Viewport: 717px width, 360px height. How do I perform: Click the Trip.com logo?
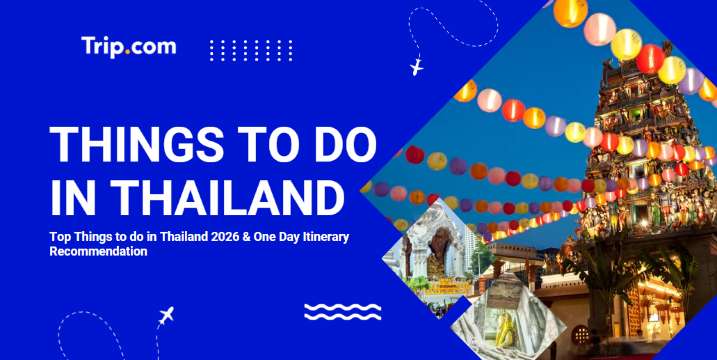pos(128,46)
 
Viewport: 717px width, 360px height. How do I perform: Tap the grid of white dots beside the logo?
pos(251,50)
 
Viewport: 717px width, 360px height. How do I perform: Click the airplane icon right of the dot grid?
pos(416,67)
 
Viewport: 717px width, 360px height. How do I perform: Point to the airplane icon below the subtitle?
pos(166,317)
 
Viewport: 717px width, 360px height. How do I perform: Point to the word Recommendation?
pos(98,252)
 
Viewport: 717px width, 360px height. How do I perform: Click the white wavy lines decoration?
pos(342,312)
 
